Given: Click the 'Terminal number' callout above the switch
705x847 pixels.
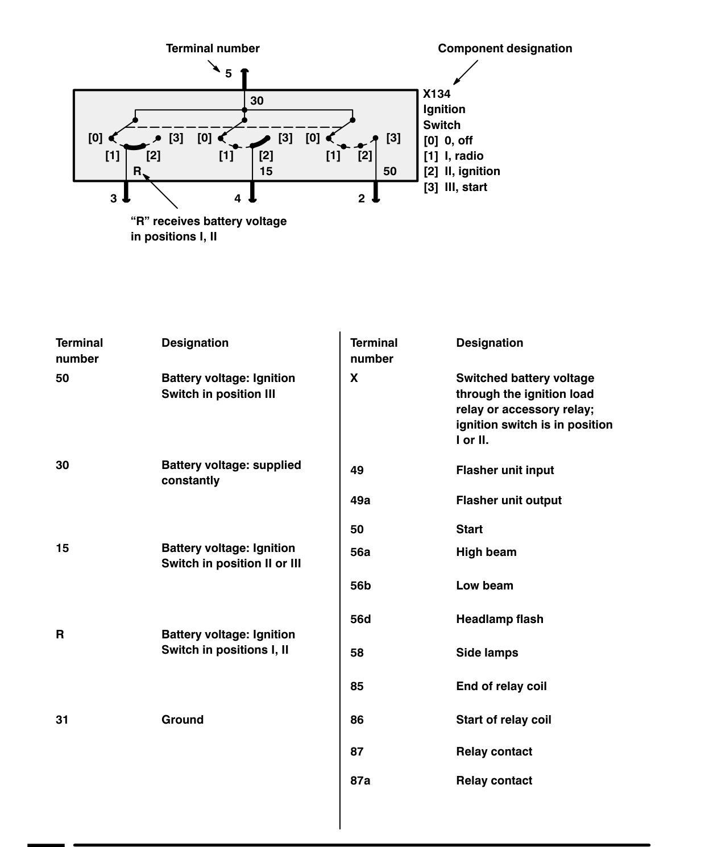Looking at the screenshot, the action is [x=213, y=48].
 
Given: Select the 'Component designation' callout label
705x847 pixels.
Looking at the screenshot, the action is [x=505, y=48].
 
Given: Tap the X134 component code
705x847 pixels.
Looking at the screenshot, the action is [x=437, y=94].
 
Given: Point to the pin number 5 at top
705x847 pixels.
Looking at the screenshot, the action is [x=229, y=73].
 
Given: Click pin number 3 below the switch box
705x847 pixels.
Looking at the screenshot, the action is [x=114, y=198].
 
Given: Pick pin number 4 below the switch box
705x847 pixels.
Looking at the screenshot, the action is [x=238, y=198].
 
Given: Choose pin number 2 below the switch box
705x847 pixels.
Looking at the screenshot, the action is [x=362, y=198].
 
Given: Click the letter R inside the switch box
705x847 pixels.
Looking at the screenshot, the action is [x=137, y=171].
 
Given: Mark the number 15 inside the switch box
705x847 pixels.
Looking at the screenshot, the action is [x=266, y=171].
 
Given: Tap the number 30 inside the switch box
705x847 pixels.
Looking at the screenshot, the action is [x=257, y=101].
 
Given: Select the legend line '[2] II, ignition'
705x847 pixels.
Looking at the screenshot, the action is [x=462, y=171].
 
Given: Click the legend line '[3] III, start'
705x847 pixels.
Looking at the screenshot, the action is [x=455, y=187].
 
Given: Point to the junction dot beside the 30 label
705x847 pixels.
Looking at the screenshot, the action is [x=244, y=110].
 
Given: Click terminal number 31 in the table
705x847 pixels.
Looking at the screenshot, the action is [x=62, y=720].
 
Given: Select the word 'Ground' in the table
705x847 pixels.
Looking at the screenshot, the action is [x=183, y=720].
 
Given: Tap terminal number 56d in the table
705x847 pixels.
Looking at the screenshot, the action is [x=360, y=619].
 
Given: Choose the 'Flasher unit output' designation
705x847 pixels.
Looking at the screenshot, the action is [x=509, y=500].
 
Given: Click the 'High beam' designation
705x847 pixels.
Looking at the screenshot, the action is [x=486, y=552].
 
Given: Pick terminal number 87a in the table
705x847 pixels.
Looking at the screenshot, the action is [x=360, y=780].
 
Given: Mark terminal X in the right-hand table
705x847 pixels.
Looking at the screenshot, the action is [x=354, y=378].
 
